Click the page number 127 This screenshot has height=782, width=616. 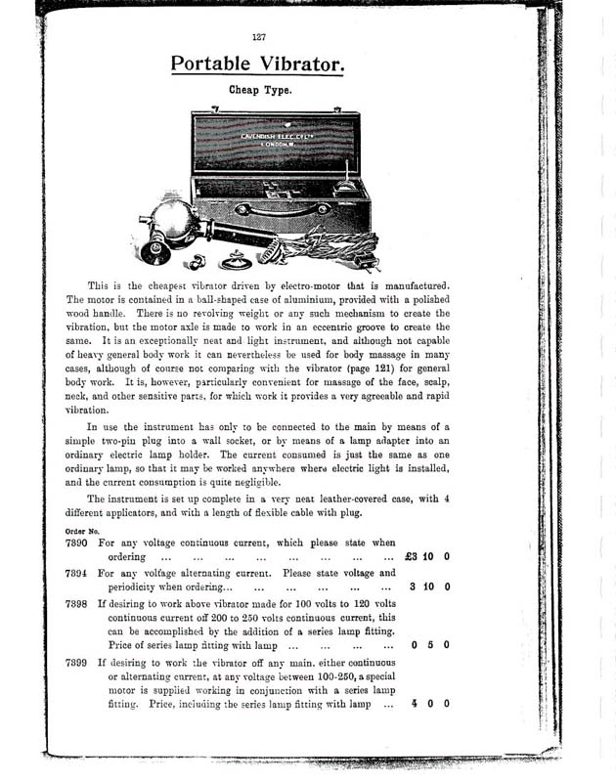(259, 37)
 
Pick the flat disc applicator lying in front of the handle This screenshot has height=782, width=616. (236, 262)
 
